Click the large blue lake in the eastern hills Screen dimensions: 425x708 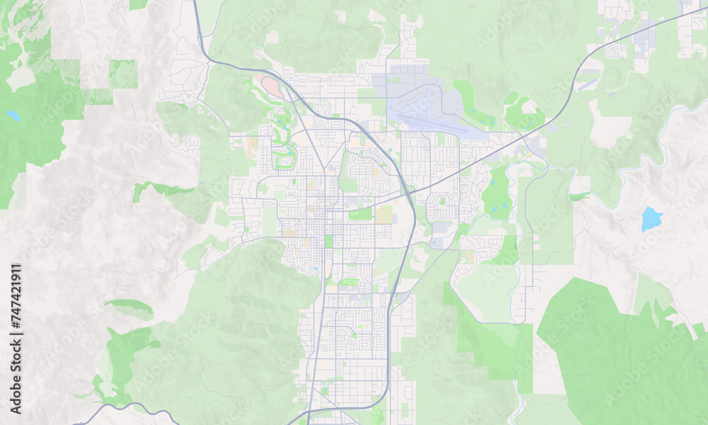tap(651, 220)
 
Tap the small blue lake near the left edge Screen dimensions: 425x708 tap(13, 115)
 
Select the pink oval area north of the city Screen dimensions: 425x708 tap(272, 88)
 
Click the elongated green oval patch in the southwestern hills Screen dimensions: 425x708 tap(130, 307)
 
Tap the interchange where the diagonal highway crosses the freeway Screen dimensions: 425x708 tap(409, 191)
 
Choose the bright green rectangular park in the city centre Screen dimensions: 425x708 tap(360, 213)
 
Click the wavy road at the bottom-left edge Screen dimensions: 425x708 tap(120, 409)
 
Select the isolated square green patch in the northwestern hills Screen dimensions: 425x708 tap(123, 74)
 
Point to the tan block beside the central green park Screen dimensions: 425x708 tap(384, 215)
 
